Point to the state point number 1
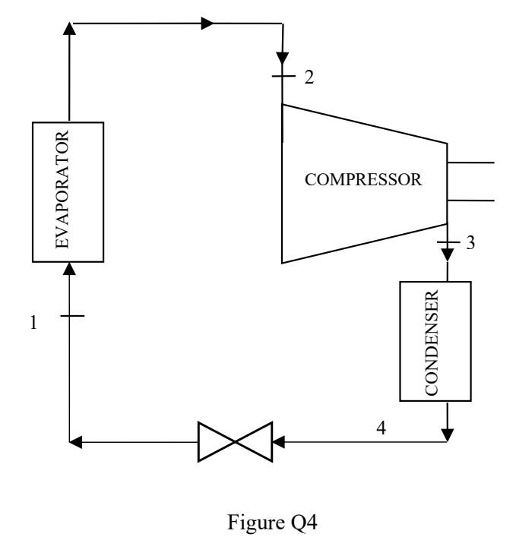[x=33, y=322]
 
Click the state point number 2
[x=306, y=77]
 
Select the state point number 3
[x=472, y=244]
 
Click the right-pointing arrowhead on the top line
[x=207, y=24]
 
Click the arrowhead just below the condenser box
[x=447, y=434]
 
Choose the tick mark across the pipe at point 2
[x=282, y=77]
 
